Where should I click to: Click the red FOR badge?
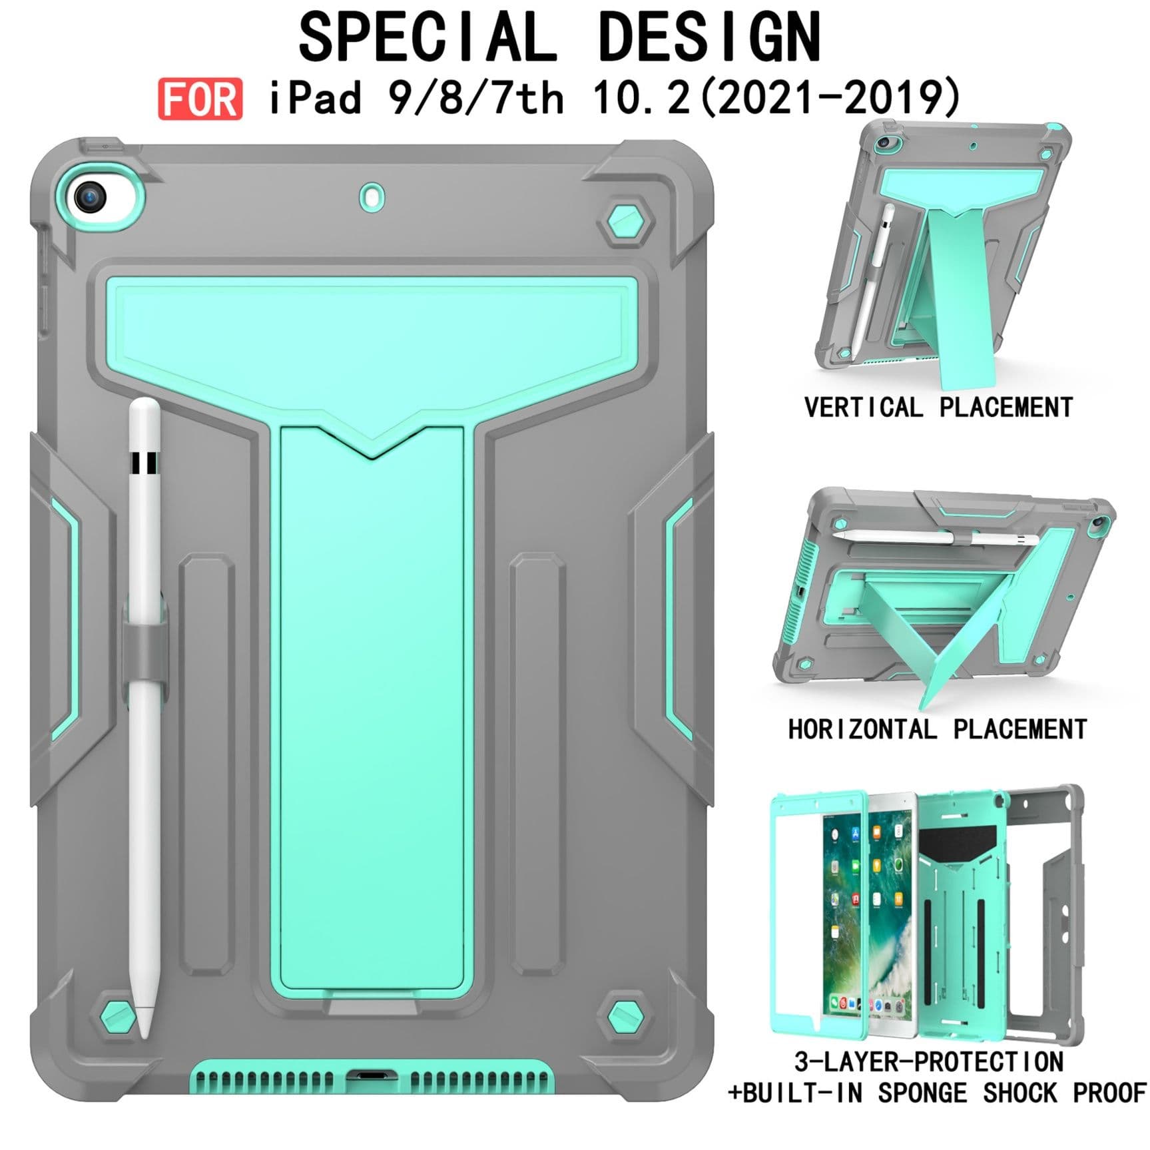tap(200, 99)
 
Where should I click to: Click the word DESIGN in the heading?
tap(710, 37)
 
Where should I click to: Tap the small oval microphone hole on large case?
tap(372, 197)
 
